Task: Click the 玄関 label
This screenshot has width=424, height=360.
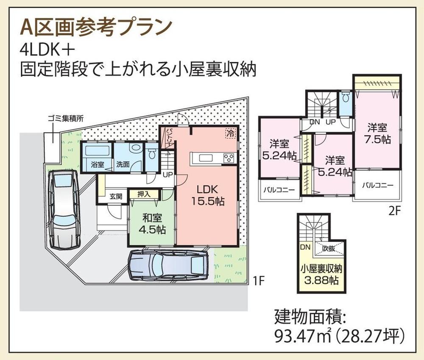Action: click(116, 196)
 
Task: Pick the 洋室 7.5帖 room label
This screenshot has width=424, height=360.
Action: click(377, 133)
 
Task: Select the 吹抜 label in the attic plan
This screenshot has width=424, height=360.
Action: click(329, 248)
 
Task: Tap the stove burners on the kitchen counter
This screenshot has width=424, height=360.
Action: click(229, 158)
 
